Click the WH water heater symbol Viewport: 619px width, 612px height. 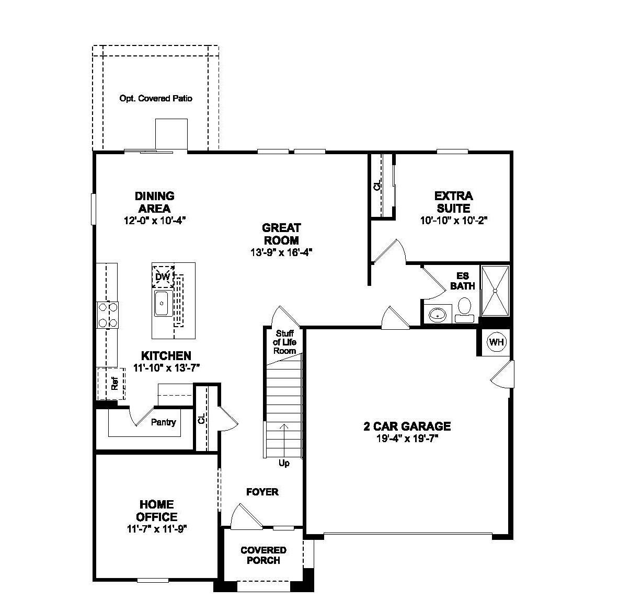pos(496,342)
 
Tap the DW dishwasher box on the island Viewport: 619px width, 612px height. pos(163,276)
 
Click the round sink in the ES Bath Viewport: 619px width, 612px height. pos(437,315)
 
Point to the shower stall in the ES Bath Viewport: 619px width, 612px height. pos(494,291)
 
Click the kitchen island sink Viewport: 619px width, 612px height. pos(161,304)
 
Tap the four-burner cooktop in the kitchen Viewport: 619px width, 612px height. pos(107,315)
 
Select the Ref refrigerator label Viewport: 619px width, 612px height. pos(114,384)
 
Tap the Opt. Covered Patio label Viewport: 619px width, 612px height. pos(156,98)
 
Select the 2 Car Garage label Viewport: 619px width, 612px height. pos(407,426)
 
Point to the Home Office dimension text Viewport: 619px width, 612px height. pos(157,529)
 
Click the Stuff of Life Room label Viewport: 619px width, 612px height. pos(285,342)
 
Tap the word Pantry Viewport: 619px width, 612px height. pos(163,422)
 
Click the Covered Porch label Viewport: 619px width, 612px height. pos(263,555)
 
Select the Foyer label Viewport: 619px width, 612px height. pos(262,492)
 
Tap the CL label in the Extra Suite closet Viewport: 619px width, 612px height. pos(377,185)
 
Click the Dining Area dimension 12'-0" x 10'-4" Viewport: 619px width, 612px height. pos(155,221)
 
